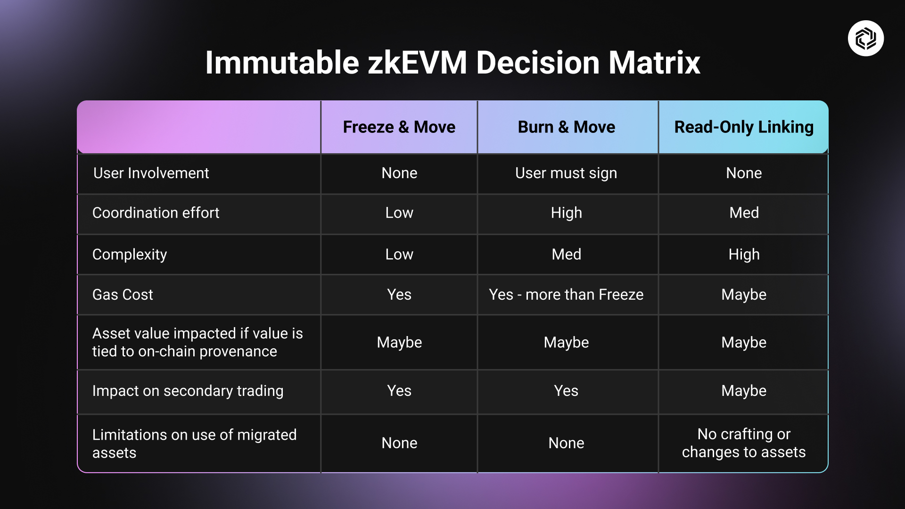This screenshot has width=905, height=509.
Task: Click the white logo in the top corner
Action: [x=865, y=38]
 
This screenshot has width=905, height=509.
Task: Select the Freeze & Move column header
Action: [x=399, y=127]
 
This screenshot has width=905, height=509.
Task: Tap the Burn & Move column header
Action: [x=566, y=127]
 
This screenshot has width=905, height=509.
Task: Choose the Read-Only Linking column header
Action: [x=743, y=127]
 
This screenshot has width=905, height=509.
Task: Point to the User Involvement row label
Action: [x=151, y=173]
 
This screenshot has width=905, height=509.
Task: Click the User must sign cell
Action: [x=566, y=173]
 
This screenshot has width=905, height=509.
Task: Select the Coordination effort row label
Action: [x=156, y=213]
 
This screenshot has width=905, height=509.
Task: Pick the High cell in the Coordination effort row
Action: [x=566, y=213]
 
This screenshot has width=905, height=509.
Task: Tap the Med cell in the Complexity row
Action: [x=566, y=254]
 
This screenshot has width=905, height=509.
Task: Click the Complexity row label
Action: [x=130, y=254]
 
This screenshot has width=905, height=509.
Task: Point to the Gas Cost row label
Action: [x=123, y=295]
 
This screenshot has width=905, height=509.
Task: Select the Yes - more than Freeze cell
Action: [x=566, y=295]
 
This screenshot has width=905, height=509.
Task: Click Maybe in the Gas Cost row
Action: [x=743, y=295]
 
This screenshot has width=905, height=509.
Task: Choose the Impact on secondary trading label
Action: [x=188, y=391]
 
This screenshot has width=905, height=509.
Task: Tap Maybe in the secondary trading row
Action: [x=743, y=391]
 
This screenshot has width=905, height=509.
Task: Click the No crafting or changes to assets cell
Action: [x=743, y=443]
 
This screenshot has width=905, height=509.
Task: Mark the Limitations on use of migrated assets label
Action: [x=194, y=443]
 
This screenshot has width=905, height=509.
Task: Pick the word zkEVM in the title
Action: [x=417, y=63]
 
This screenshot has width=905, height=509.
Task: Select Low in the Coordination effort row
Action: [x=399, y=213]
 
